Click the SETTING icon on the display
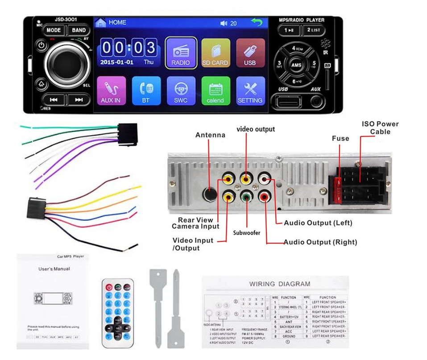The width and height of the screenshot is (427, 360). pyautogui.click(x=249, y=91)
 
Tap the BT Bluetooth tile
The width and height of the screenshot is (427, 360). pyautogui.click(x=146, y=91)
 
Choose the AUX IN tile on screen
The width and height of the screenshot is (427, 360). pyautogui.click(x=111, y=91)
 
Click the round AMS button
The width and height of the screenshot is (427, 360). pyautogui.click(x=296, y=65)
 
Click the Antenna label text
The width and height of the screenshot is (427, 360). pyautogui.click(x=210, y=135)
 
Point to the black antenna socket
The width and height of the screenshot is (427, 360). pyautogui.click(x=209, y=194)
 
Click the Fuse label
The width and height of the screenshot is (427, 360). pyautogui.click(x=340, y=138)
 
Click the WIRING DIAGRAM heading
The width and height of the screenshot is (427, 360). pyautogui.click(x=279, y=284)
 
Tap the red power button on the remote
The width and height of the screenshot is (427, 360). pyautogui.click(x=108, y=287)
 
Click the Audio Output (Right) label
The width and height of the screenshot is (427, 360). pyautogui.click(x=320, y=242)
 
